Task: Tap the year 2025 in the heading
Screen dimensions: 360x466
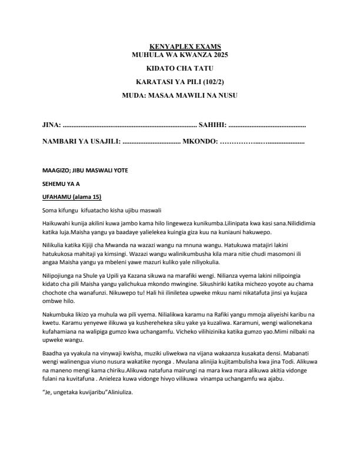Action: click(x=216, y=54)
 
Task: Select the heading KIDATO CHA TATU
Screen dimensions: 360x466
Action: click(x=180, y=68)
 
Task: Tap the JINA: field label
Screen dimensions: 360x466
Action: click(x=52, y=125)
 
